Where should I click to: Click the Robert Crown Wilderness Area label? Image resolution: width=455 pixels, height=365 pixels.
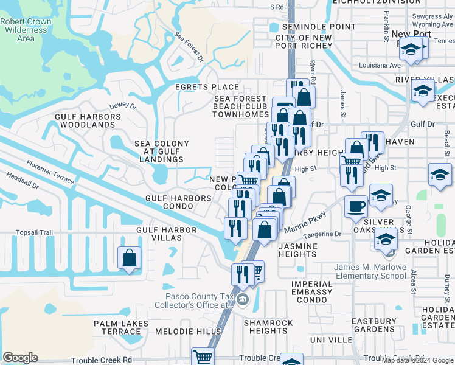pos(26,30)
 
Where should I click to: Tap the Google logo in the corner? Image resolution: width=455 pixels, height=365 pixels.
pos(20,358)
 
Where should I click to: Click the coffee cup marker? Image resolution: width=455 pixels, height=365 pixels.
pos(356,206)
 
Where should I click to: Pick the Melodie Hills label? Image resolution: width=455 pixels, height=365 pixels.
pos(189,332)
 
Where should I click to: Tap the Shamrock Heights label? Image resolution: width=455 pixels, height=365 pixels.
pos(269,327)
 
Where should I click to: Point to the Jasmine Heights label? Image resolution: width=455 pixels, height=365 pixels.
pos(298,251)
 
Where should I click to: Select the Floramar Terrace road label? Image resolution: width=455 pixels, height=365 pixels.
pos(50,173)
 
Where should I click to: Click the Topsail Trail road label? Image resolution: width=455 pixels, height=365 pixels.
pos(35,232)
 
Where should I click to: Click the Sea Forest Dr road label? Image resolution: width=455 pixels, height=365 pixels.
pos(189,47)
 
